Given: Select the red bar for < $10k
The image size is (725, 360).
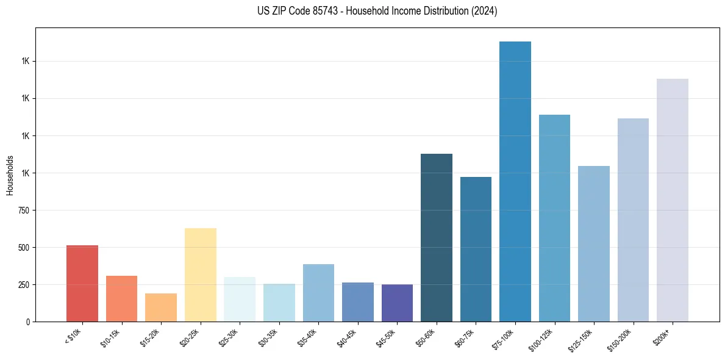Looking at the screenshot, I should coord(82,283).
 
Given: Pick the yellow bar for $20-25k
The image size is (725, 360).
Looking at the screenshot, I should coord(201,275).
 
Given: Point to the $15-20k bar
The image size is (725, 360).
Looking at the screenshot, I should coord(161,308).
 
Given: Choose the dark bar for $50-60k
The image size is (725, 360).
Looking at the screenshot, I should coord(437,237).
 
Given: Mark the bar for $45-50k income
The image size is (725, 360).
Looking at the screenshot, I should coord(397,303).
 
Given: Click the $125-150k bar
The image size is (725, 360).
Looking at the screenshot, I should coord(594,243).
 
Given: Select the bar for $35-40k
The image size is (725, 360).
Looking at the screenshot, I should coord(318,293).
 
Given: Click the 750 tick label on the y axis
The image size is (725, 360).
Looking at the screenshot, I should coord(23,211).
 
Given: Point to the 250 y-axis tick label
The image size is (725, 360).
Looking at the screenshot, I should coord(23,285).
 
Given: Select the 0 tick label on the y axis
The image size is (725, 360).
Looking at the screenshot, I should coord(27,322).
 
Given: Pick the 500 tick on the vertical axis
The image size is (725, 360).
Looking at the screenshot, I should coord(23,248).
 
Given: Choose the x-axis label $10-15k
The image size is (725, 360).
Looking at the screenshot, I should coord(112,337).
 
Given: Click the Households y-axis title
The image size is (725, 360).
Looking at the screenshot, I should coord(10,175).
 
